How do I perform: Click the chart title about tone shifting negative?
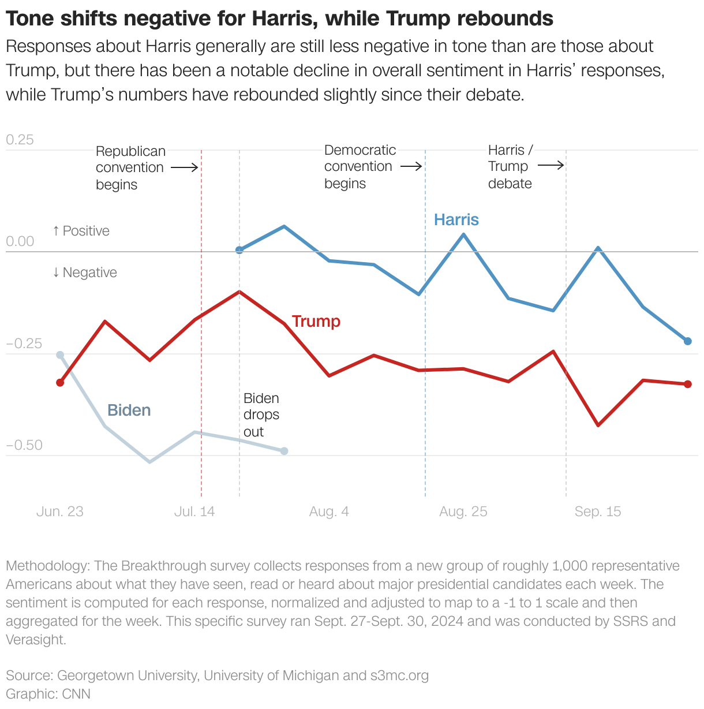coord(279,19)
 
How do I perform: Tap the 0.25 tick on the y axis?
coord(20,140)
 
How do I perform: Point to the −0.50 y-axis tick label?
coord(24,445)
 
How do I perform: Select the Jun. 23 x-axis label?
coord(59,512)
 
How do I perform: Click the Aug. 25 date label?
coord(463,512)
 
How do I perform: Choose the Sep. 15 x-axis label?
coord(597,512)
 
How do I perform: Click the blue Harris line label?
coord(456,220)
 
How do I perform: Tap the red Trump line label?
coord(316,322)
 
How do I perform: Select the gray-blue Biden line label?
coord(129,411)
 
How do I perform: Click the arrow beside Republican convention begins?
coord(185,168)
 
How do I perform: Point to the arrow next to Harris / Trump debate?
coord(551,166)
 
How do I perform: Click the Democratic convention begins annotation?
coord(360,167)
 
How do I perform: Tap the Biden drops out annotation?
coord(261,415)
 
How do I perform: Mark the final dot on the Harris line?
coord(687,341)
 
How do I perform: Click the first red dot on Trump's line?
coord(60,383)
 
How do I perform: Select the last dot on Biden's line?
coord(284,451)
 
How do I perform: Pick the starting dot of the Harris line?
coord(239,250)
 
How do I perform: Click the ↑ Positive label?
coord(81,231)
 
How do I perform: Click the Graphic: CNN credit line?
coord(48,693)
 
